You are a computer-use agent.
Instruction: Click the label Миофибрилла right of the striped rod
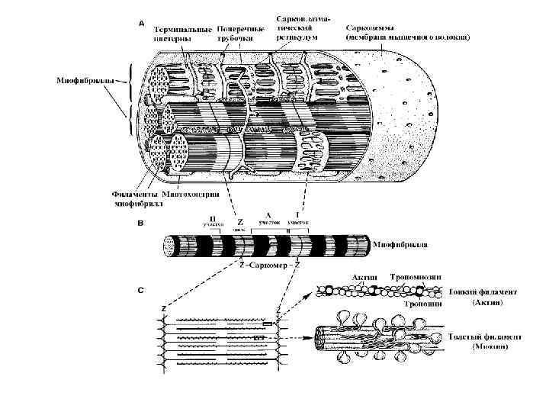coord(400,246)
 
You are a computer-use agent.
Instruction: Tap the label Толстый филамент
coord(486,336)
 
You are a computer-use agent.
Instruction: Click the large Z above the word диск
coord(241,222)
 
